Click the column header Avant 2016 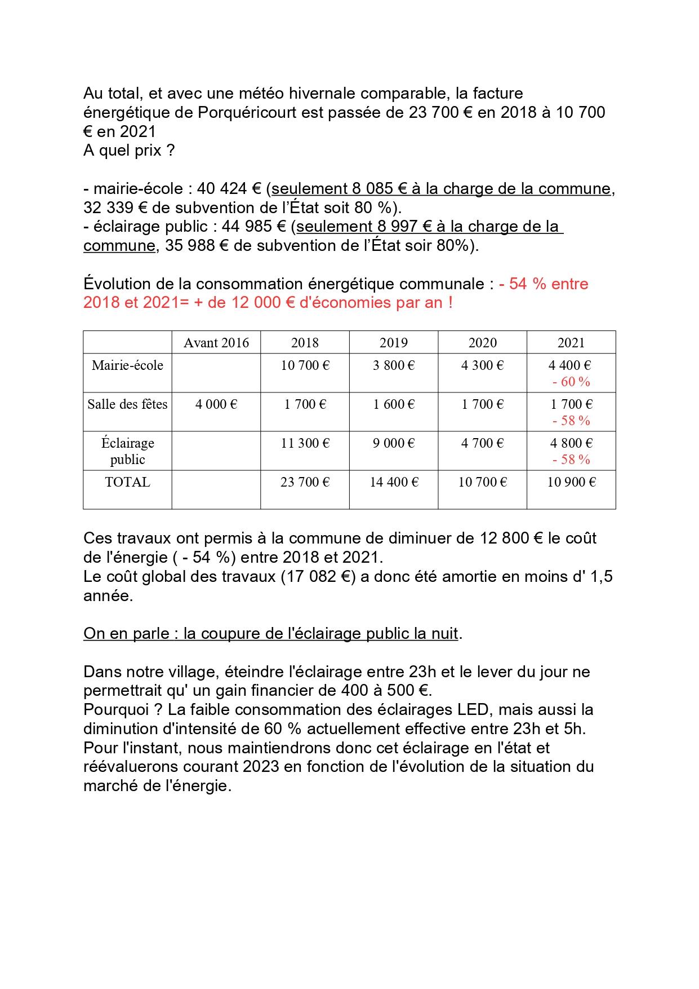tap(216, 343)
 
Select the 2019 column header tap(394, 343)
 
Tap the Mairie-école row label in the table tap(127, 365)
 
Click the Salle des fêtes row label tap(127, 404)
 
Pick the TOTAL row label tap(127, 482)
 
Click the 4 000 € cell tap(216, 404)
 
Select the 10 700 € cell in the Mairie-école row tap(305, 365)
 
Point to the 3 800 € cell tap(394, 365)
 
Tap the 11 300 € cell tap(305, 443)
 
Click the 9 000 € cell tap(394, 443)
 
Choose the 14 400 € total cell tap(394, 482)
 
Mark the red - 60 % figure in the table tap(571, 382)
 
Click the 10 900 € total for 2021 tap(571, 482)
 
